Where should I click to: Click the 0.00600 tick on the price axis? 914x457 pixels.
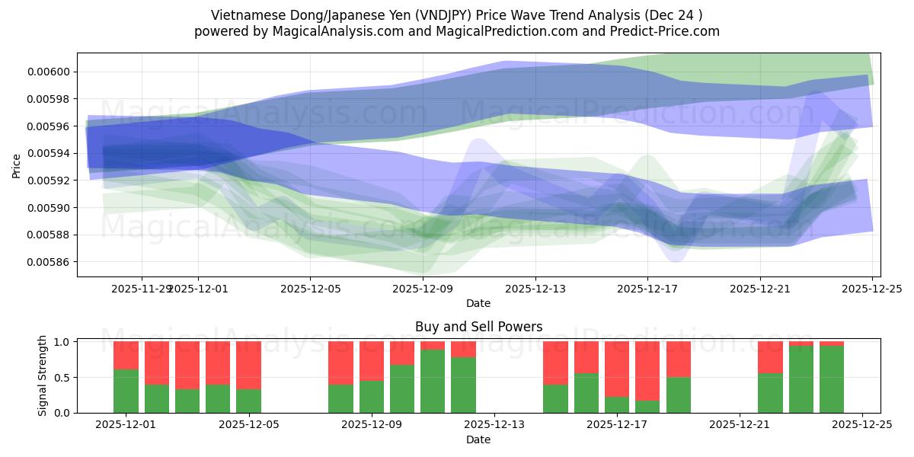click(48, 72)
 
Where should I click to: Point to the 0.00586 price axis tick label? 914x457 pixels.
click(48, 262)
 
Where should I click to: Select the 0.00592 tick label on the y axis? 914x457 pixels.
click(48, 181)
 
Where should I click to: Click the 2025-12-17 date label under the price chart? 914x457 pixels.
click(647, 289)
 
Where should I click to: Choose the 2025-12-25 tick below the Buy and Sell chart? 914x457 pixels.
click(862, 425)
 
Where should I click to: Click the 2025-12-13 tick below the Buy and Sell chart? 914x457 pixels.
click(494, 425)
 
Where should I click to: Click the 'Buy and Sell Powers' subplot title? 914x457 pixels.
click(478, 327)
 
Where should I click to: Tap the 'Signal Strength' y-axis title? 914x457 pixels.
click(43, 376)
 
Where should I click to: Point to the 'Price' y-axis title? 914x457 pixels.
click(17, 165)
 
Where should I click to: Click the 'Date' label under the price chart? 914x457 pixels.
click(478, 303)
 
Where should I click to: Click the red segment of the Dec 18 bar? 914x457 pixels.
click(678, 359)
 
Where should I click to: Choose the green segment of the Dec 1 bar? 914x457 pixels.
click(126, 391)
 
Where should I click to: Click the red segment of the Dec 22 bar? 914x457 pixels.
click(770, 356)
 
